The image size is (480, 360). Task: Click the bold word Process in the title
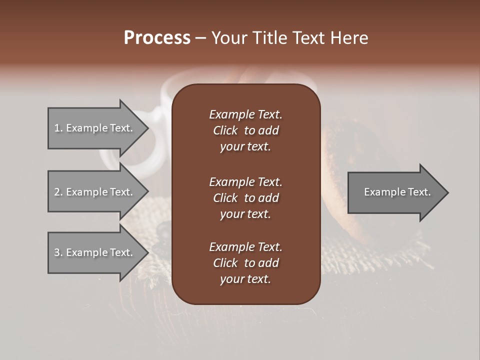point(157,38)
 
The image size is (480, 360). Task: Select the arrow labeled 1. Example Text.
point(95,128)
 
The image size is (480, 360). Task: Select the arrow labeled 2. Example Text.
point(95,192)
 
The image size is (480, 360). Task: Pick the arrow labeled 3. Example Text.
point(95,252)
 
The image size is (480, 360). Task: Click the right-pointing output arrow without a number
point(395,192)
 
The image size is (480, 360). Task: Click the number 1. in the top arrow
point(58,128)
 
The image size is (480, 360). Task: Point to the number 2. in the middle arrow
point(58,192)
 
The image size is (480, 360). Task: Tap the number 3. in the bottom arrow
point(58,252)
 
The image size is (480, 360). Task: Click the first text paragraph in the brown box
point(245,130)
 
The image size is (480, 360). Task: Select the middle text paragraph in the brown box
point(245,198)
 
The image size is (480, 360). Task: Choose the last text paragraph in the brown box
point(245,263)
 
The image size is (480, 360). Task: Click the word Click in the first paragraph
point(225,130)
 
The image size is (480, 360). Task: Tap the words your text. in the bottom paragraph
point(245,279)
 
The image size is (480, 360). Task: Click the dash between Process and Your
point(201,38)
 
